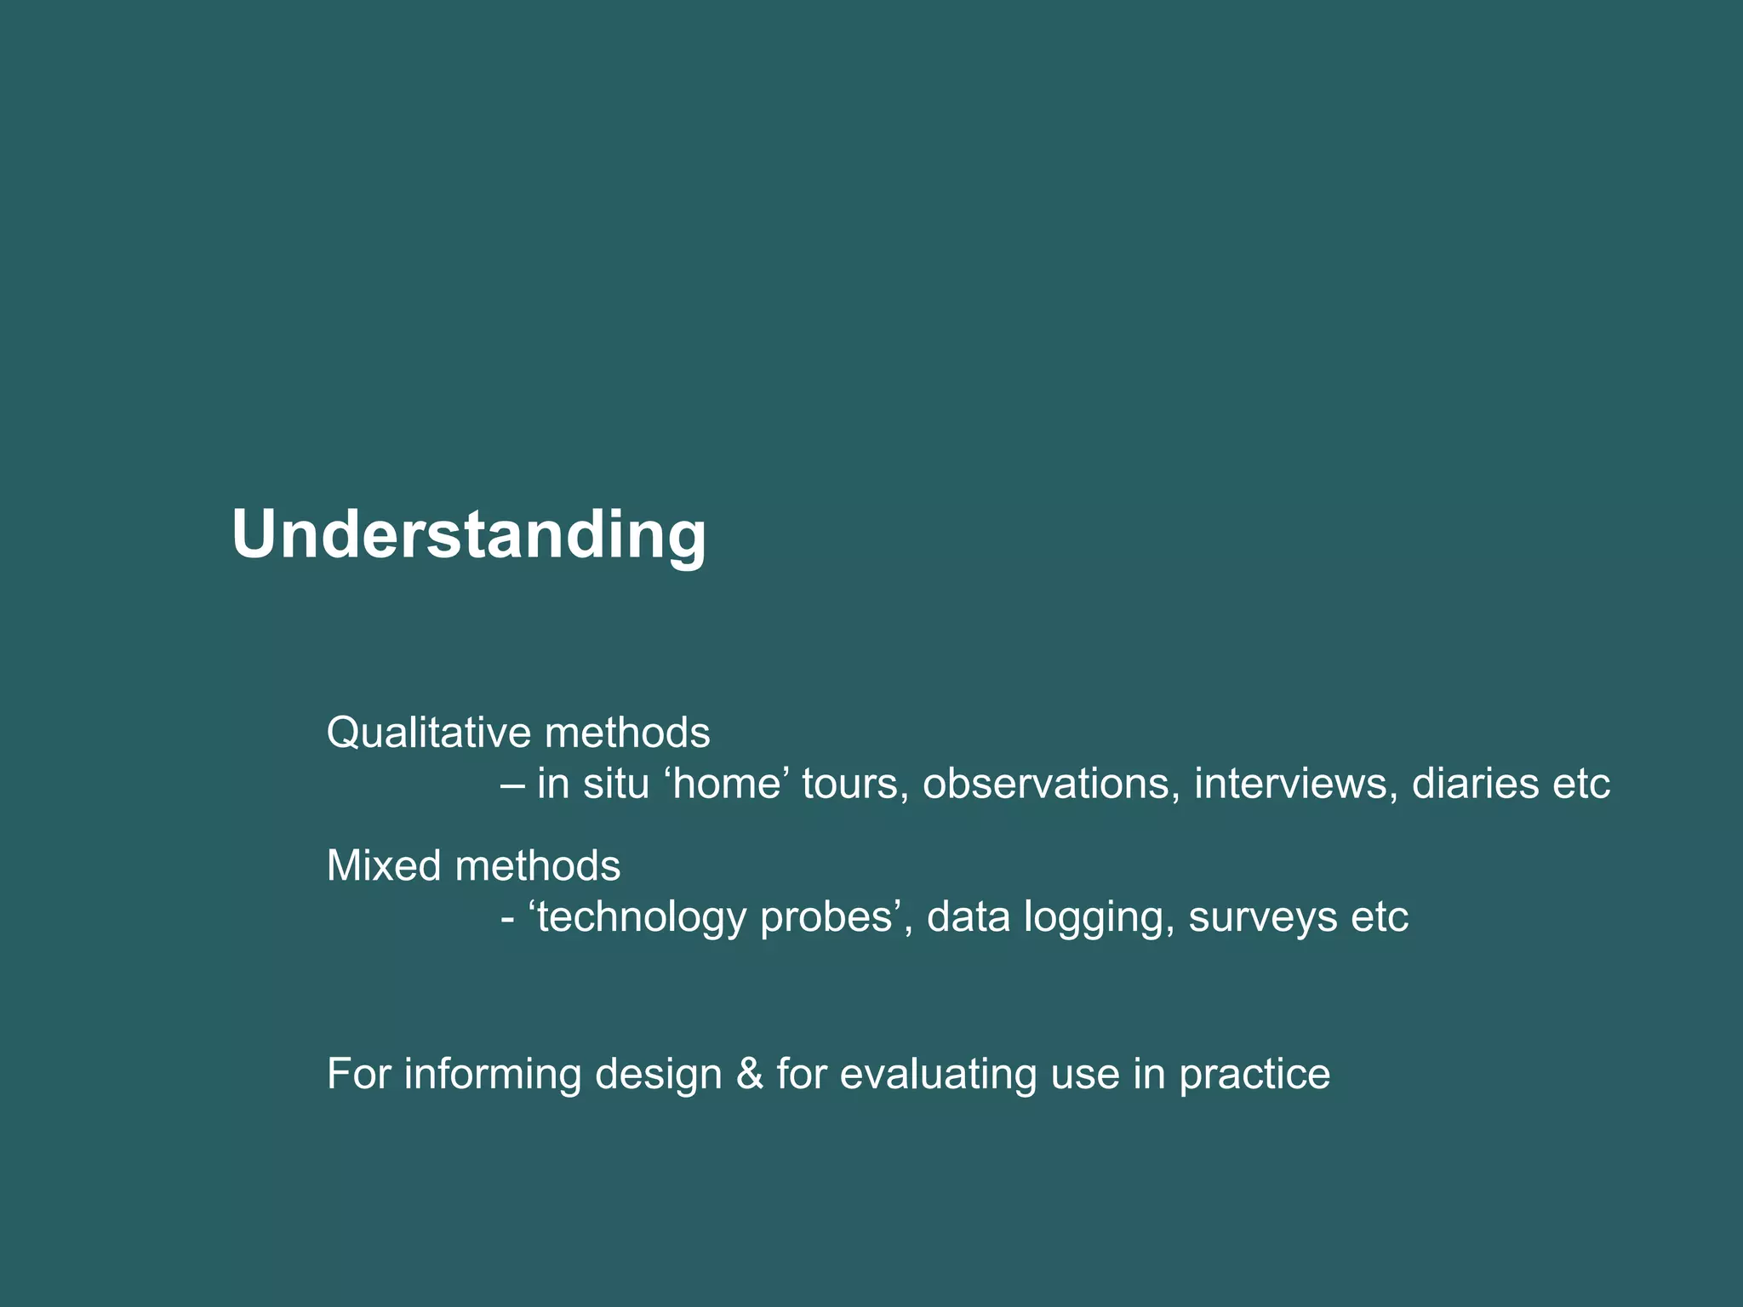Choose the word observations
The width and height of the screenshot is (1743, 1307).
point(1051,784)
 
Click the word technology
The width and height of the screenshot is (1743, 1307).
point(642,917)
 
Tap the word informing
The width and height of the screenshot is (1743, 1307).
point(492,1074)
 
